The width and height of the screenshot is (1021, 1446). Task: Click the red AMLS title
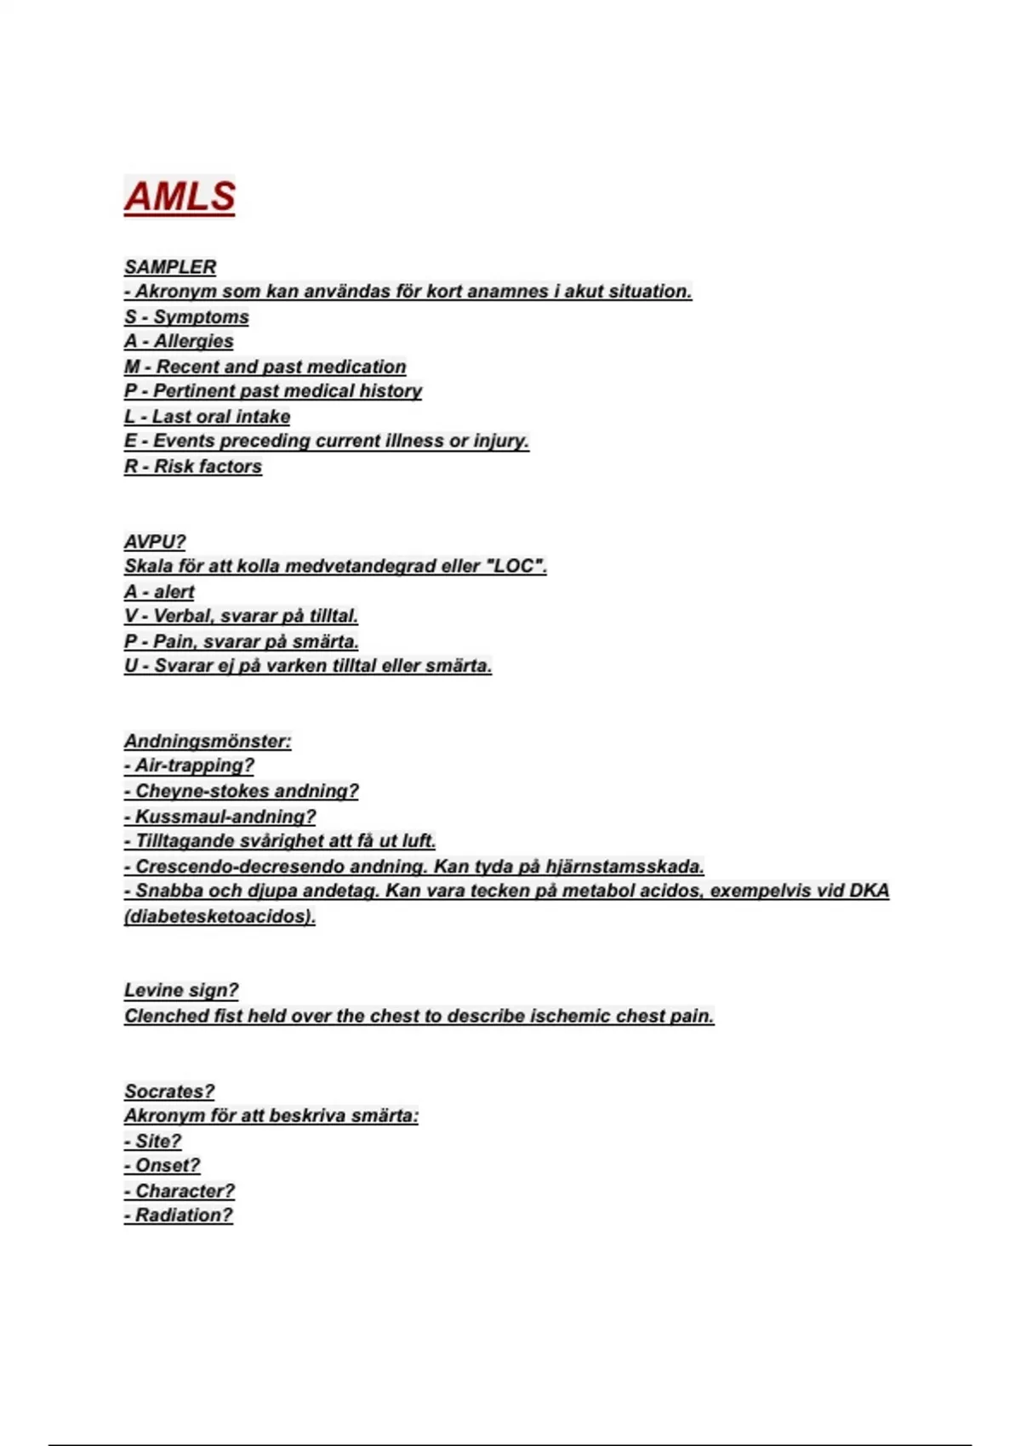[x=180, y=196]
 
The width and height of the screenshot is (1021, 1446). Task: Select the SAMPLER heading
[x=170, y=267]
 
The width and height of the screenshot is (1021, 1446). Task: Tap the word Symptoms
[x=201, y=317]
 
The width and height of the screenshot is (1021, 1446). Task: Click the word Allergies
[x=193, y=341]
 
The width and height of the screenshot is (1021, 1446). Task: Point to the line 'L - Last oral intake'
[x=207, y=417]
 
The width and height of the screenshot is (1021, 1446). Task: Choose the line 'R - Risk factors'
[x=193, y=466]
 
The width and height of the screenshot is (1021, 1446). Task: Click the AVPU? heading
[x=155, y=542]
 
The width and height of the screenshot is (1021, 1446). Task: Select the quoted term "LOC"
[x=515, y=566]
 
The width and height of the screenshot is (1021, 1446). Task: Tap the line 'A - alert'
[x=159, y=592]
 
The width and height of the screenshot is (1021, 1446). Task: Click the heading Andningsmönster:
[x=208, y=741]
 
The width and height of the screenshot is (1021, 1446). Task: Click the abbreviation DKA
[x=868, y=891]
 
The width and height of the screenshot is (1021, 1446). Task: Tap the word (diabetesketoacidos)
[x=220, y=916]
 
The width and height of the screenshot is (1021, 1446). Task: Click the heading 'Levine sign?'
[x=181, y=990]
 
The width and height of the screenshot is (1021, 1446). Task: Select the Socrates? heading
[x=169, y=1091]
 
